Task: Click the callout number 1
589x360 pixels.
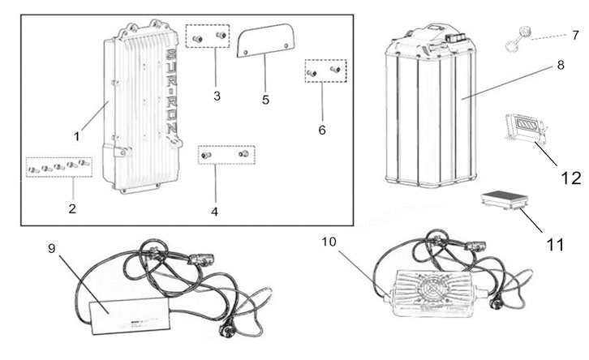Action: [x=77, y=136]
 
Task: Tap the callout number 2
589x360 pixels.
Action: [x=72, y=208]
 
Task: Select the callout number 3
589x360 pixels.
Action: [x=217, y=96]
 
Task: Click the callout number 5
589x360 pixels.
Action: [x=265, y=100]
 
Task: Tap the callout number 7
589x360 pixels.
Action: [x=575, y=36]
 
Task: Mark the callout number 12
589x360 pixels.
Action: [x=571, y=178]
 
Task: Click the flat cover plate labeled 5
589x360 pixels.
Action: [x=265, y=41]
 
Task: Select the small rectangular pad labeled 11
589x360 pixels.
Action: [x=504, y=199]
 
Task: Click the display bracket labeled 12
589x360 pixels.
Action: [x=524, y=131]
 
